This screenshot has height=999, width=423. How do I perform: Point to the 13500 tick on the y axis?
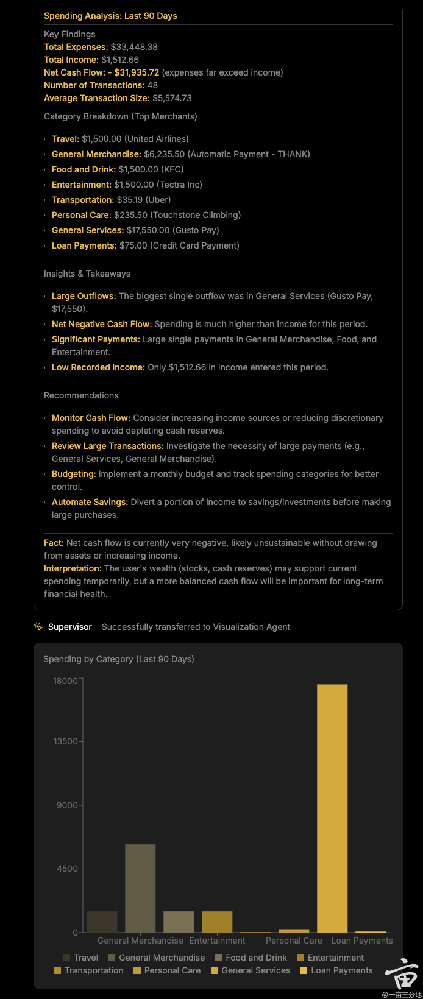[x=66, y=741]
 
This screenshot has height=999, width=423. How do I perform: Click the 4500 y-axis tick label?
[x=68, y=869]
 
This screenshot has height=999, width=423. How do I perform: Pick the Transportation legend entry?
[x=88, y=970]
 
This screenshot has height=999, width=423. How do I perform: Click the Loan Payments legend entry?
[x=336, y=970]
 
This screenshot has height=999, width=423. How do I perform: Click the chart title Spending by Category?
[x=119, y=659]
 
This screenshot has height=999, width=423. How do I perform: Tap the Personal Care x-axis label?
[x=294, y=941]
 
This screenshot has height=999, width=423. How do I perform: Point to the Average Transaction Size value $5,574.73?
[x=172, y=98]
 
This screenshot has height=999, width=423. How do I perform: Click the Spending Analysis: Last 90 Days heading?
[x=110, y=16]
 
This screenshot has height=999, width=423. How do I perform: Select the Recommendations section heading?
[x=81, y=395]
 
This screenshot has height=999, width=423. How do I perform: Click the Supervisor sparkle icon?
[x=38, y=627]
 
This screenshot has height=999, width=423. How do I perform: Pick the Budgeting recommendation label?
[x=74, y=474]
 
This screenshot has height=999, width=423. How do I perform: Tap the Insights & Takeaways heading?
[x=87, y=274]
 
